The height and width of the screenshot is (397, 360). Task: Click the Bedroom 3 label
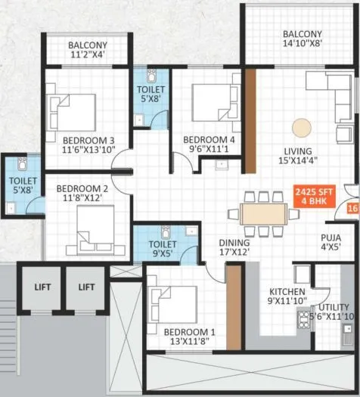coord(88,140)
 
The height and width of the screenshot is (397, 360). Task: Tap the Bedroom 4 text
coord(209,140)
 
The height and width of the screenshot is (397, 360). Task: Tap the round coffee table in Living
coord(302,127)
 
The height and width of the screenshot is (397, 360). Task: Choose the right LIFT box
coord(86,287)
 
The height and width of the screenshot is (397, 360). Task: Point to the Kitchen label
coord(287,291)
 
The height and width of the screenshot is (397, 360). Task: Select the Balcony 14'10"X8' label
coord(303,35)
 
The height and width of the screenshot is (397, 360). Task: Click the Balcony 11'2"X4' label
coord(88,45)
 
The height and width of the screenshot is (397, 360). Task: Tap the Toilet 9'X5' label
coord(163,245)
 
